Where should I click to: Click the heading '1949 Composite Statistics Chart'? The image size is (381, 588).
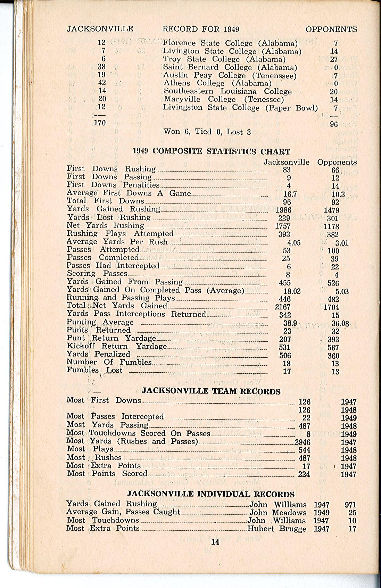pyautogui.click(x=212, y=151)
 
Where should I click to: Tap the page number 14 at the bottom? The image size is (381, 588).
pyautogui.click(x=215, y=542)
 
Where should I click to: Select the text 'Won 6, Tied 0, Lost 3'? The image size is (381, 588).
pyautogui.click(x=207, y=132)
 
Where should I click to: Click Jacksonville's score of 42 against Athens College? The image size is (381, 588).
pyautogui.click(x=102, y=83)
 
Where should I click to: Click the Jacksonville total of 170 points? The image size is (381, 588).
pyautogui.click(x=100, y=123)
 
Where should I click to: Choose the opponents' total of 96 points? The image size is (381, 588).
pyautogui.click(x=334, y=124)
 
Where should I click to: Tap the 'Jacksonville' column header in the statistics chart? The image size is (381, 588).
pyautogui.click(x=287, y=162)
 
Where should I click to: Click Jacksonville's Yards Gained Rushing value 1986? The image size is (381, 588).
pyautogui.click(x=283, y=210)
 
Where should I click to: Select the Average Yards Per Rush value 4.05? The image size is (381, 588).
pyautogui.click(x=294, y=243)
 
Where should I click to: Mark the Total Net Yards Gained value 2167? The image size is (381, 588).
pyautogui.click(x=283, y=307)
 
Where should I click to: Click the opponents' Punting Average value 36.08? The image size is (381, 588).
pyautogui.click(x=340, y=323)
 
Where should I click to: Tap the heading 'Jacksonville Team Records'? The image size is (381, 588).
pyautogui.click(x=211, y=391)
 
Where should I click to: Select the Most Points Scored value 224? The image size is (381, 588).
pyautogui.click(x=304, y=474)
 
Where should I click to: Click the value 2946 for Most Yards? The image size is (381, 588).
pyautogui.click(x=303, y=442)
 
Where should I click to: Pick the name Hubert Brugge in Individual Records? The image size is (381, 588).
pyautogui.click(x=277, y=529)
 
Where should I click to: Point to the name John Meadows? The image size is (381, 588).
pyautogui.click(x=278, y=513)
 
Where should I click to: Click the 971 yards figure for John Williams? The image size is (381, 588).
pyautogui.click(x=350, y=505)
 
